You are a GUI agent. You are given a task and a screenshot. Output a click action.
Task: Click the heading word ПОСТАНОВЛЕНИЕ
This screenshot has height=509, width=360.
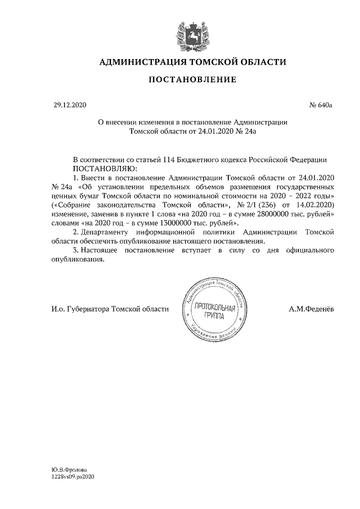click(x=192, y=80)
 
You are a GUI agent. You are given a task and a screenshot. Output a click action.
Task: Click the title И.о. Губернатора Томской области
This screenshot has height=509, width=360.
click(x=106, y=309)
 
